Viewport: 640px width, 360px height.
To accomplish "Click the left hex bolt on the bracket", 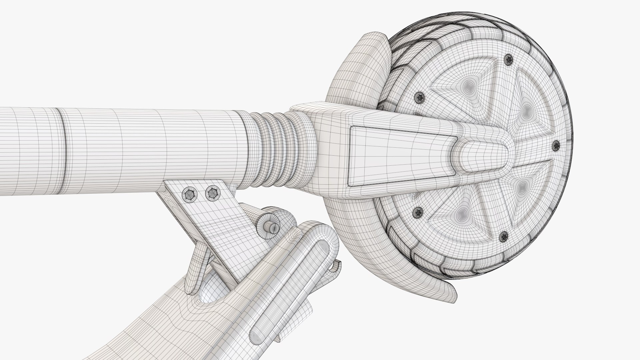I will point(189,194).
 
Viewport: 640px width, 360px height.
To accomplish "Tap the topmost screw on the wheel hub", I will point(508,60).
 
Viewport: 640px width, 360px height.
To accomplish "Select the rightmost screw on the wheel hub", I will point(556,146).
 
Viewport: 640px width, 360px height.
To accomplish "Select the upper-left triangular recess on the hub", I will point(467,80).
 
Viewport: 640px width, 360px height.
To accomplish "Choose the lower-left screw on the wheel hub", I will point(418,211).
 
